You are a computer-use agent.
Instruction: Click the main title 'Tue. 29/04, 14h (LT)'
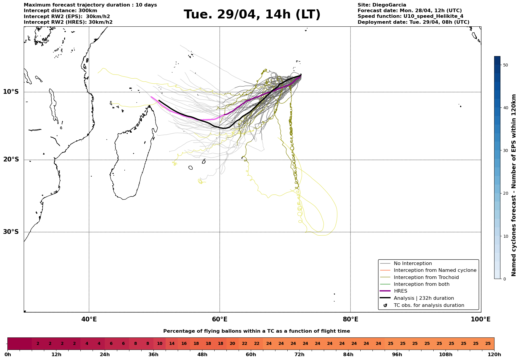coord(252,15)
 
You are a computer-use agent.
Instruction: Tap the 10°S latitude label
coord(11,92)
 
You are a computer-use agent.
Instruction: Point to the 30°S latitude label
coord(11,232)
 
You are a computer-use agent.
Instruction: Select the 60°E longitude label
coord(220,319)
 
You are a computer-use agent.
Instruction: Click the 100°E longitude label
coord(481,319)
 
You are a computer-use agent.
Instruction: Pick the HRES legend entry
coord(400,291)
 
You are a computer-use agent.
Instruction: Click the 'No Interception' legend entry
coord(413,264)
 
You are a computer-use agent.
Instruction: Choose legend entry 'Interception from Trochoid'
coord(426,277)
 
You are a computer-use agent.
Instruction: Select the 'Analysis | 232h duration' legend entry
coord(424,298)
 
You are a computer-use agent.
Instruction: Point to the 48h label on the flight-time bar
coord(202,355)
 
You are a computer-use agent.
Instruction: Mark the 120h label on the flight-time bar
coord(494,355)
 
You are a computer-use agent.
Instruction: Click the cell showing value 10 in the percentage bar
coord(160,344)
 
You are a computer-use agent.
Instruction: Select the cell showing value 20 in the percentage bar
coord(232,344)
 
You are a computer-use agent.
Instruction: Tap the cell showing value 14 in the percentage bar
coord(172,344)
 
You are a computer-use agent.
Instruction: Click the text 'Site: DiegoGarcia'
coord(382,5)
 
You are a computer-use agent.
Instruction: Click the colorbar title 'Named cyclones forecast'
coord(514,185)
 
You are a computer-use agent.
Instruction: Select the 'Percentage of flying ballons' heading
coord(256,331)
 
